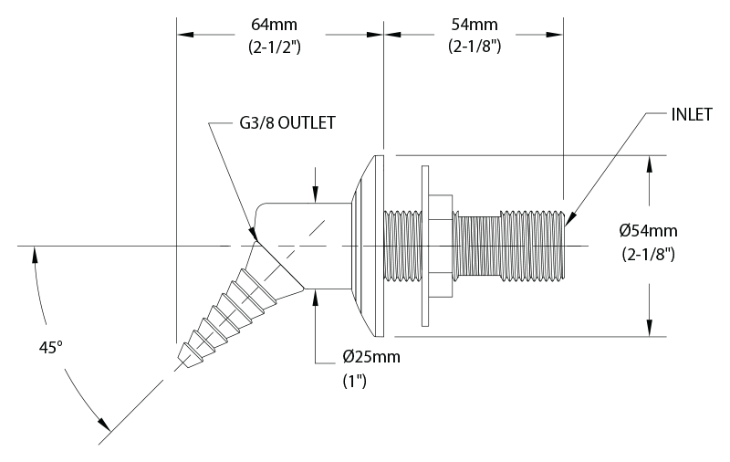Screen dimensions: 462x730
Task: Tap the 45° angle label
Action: click(52, 348)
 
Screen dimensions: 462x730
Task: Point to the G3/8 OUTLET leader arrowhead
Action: click(255, 239)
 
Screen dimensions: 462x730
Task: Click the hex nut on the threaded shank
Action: click(442, 245)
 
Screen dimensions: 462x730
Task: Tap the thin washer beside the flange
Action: click(424, 245)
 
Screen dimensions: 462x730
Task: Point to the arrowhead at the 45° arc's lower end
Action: click(107, 425)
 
